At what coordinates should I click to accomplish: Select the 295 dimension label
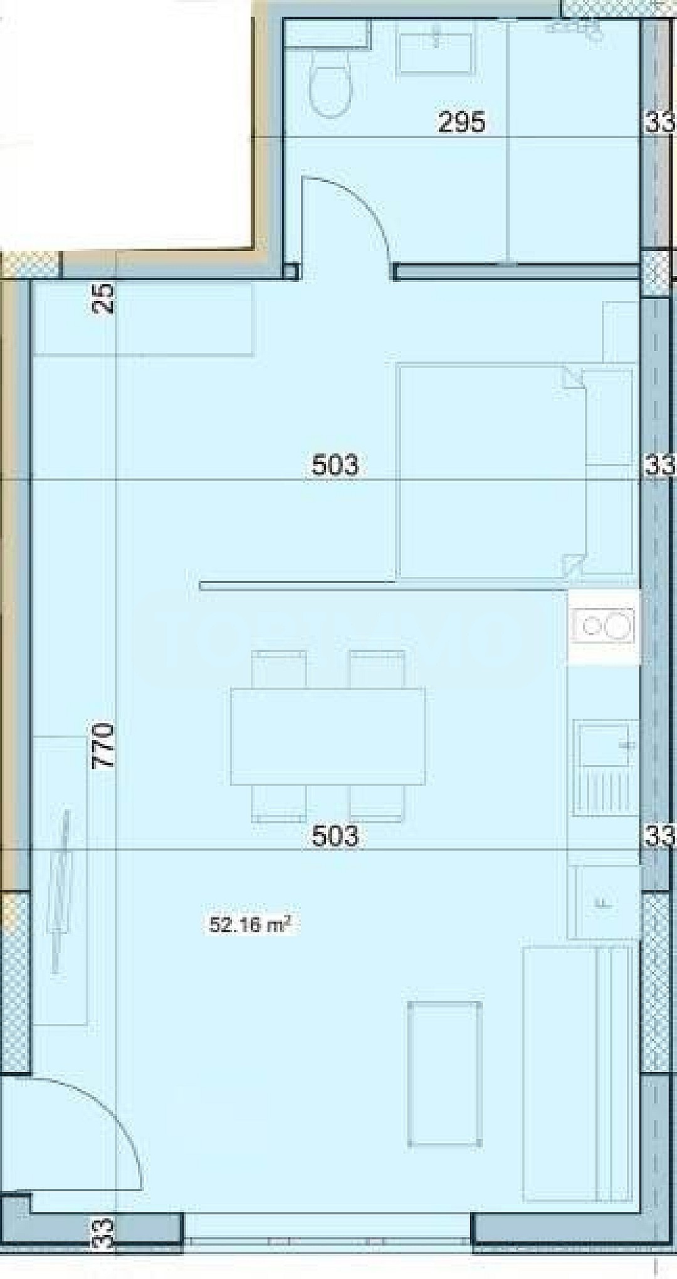[461, 122]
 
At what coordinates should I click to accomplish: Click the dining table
[328, 736]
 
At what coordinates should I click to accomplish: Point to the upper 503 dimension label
[335, 466]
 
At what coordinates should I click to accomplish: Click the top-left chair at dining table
[279, 669]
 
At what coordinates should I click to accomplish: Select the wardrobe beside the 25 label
[142, 318]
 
